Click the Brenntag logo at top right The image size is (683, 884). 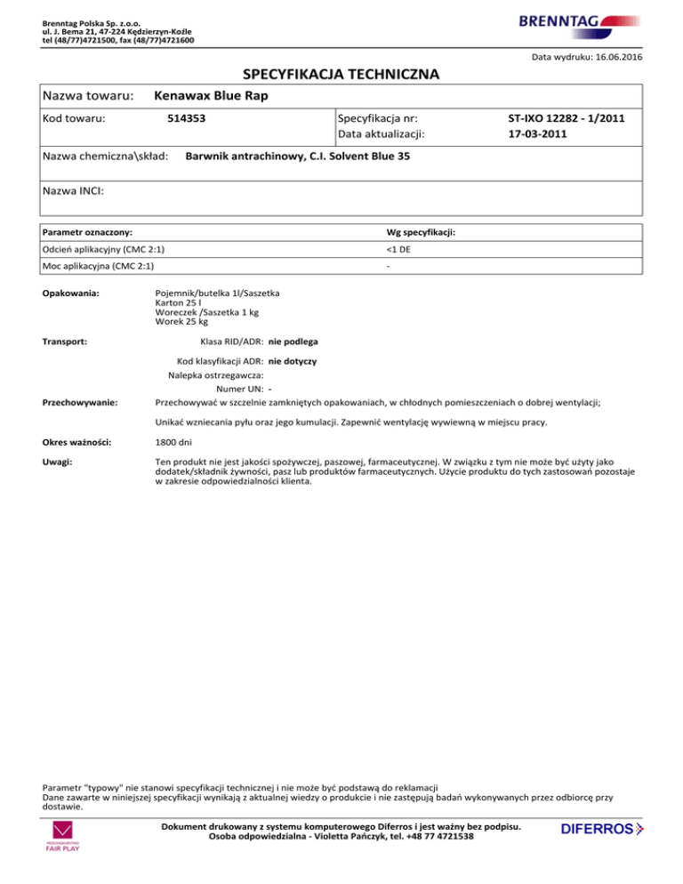click(576, 24)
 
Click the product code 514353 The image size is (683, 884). click(192, 117)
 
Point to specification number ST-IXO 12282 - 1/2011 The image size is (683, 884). click(566, 117)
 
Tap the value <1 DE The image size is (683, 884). click(387, 249)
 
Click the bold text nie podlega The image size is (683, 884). click(294, 342)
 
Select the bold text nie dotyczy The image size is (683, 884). click(293, 362)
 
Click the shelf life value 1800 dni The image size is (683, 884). click(173, 442)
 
